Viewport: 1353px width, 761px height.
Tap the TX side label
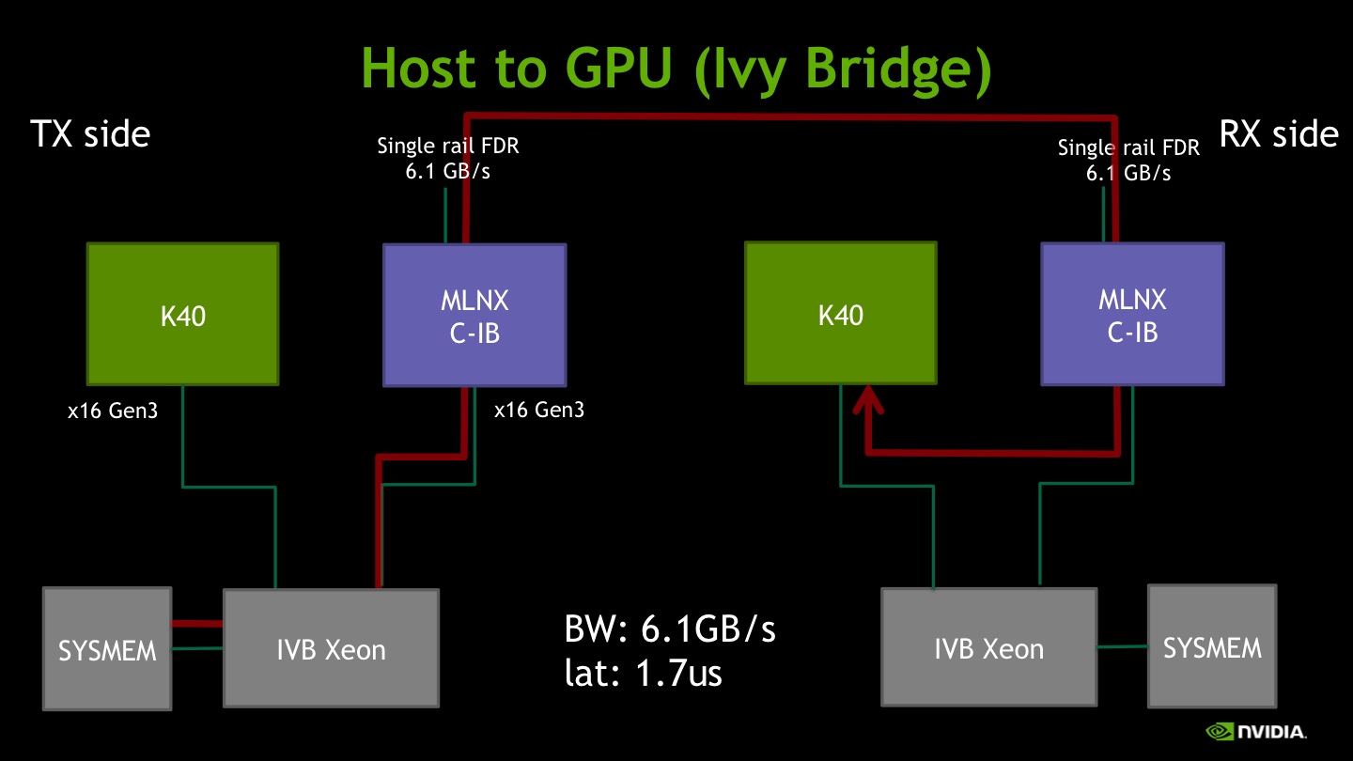tap(90, 133)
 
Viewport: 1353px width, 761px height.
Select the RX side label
tap(1279, 133)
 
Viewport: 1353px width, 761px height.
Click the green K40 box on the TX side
tap(183, 314)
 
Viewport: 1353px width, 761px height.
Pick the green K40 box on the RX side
tap(841, 313)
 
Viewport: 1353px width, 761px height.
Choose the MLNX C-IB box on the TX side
tap(474, 316)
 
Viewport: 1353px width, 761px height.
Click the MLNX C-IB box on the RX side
tap(1132, 314)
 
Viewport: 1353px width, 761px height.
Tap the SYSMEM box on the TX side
tap(107, 648)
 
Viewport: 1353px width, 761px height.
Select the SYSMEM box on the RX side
tap(1212, 646)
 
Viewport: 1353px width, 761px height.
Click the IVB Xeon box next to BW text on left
tap(331, 648)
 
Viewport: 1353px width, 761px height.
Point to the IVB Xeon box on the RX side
tap(988, 646)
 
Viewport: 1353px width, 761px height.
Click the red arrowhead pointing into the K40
tap(868, 399)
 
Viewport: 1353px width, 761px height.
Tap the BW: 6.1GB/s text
tap(669, 629)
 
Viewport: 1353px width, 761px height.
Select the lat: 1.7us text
tap(644, 673)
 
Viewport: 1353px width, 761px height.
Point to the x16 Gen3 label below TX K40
tap(113, 411)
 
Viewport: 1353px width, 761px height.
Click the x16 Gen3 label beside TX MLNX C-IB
tap(539, 410)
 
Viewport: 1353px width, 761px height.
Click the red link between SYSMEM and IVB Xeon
tap(197, 624)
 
